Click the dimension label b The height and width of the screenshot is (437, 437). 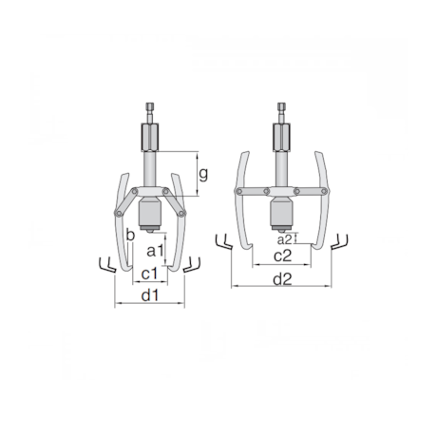point(129,235)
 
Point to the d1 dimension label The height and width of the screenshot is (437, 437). point(149,296)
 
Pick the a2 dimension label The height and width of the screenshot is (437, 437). point(284,238)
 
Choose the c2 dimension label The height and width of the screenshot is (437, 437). point(282,256)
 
